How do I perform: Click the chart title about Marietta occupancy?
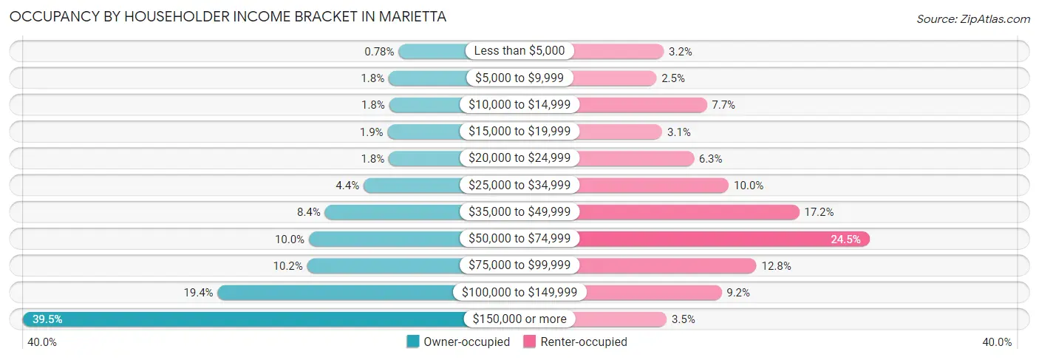[228, 16]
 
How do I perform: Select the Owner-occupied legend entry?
[458, 342]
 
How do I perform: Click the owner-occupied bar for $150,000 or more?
[244, 319]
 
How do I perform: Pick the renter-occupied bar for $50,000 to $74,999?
[724, 239]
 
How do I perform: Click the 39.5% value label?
[47, 319]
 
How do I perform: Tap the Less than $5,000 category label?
[519, 51]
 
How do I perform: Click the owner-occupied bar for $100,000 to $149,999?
[336, 293]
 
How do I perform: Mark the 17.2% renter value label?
[819, 212]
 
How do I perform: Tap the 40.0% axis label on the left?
[42, 342]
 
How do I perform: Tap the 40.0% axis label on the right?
[997, 342]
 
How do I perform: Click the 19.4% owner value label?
[198, 293]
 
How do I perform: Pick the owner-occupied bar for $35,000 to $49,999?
[393, 212]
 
